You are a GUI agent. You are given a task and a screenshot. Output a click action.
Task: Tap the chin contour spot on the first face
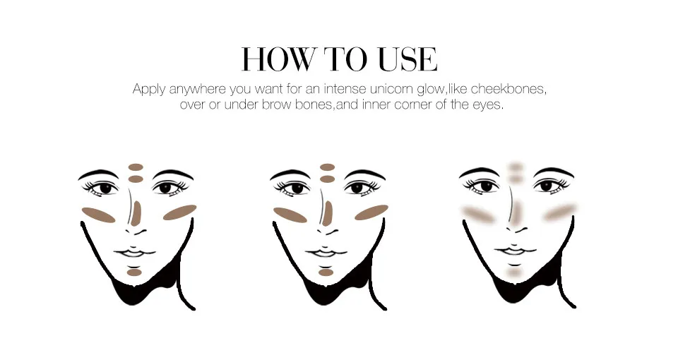134,272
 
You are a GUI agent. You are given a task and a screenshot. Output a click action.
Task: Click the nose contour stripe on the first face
136,213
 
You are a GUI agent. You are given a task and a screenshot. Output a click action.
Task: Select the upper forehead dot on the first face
136,167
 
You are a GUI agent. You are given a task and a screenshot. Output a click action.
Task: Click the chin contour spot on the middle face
326,272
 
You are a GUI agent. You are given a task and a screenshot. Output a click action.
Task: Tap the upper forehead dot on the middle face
327,167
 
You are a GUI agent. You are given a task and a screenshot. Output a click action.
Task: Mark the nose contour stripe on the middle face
328,213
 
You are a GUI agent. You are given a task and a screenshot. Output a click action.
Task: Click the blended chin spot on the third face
515,272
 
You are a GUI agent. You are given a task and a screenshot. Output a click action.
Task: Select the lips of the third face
514,252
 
